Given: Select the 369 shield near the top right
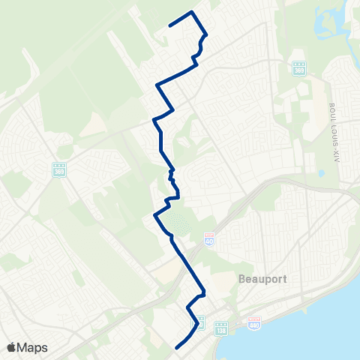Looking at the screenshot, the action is (298, 68).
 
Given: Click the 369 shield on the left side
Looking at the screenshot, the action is (59, 170).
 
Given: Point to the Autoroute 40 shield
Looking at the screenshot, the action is (208, 238).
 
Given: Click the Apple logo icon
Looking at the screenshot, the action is (11, 347).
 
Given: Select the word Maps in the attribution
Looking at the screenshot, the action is (33, 347).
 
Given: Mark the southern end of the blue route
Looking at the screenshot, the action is (176, 347).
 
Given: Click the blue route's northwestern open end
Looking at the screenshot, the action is (170, 25).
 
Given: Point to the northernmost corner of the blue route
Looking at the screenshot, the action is (193, 12).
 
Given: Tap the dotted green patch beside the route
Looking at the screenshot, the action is (176, 222).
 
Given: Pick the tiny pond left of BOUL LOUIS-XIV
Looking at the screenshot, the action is (321, 173).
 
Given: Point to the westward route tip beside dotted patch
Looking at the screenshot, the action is (154, 215).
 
